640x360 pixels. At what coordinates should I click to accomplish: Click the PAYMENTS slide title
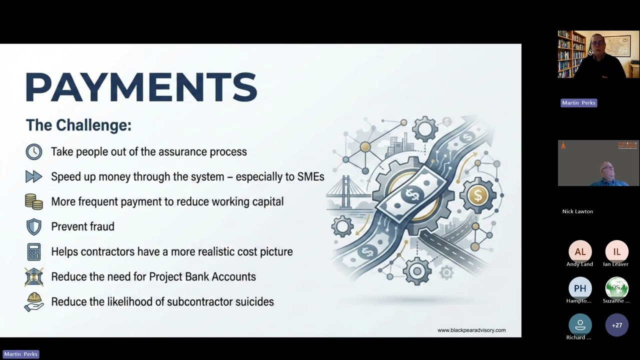(x=141, y=87)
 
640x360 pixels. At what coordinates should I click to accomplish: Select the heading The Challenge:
(x=78, y=125)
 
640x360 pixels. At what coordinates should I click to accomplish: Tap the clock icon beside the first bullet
(x=34, y=151)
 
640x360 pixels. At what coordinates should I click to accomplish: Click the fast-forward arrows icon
(x=34, y=176)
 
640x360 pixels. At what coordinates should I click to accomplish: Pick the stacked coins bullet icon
(x=34, y=201)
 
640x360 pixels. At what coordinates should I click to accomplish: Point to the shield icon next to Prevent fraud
(x=34, y=226)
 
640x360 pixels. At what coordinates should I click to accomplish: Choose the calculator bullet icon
(x=34, y=251)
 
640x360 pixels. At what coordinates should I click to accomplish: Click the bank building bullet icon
(x=34, y=276)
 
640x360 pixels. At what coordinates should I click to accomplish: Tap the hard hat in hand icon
(x=34, y=302)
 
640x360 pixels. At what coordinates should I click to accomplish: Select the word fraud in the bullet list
(x=99, y=226)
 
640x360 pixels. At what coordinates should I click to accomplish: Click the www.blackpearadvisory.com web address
(x=471, y=330)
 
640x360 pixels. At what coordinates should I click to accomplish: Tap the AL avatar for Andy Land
(x=580, y=252)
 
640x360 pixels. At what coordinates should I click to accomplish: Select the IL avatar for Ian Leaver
(x=617, y=252)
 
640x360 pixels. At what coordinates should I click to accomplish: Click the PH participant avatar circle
(x=580, y=288)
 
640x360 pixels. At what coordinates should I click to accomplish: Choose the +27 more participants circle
(x=617, y=325)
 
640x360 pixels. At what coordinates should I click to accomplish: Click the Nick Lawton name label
(x=577, y=211)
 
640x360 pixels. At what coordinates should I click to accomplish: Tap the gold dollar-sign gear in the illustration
(x=477, y=195)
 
